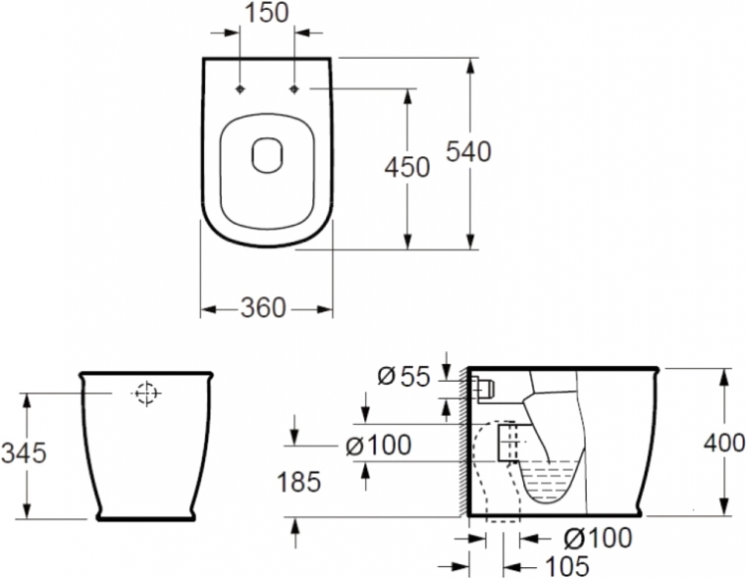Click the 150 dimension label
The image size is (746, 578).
pos(266,13)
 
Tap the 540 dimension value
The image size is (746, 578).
pos(468,152)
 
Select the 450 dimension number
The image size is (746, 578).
pos(407,167)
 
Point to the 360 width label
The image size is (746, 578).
pos(264,307)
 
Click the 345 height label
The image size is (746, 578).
pos(24,453)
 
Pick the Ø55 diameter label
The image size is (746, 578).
pos(404,377)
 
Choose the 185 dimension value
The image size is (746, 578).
pos(298,482)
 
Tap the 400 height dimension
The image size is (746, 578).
pos(724,444)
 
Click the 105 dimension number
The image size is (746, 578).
pos(567,566)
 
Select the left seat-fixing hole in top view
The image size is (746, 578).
pos(241,89)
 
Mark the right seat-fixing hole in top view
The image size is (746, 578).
pos(294,89)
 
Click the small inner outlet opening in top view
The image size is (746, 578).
pos(267,155)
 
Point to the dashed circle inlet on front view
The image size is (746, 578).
pos(146,393)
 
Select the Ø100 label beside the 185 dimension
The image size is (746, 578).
pos(378,446)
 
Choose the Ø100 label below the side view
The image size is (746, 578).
pos(598,538)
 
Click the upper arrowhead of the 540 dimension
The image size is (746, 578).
pos(471,67)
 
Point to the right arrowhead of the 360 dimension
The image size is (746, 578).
pos(324,309)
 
